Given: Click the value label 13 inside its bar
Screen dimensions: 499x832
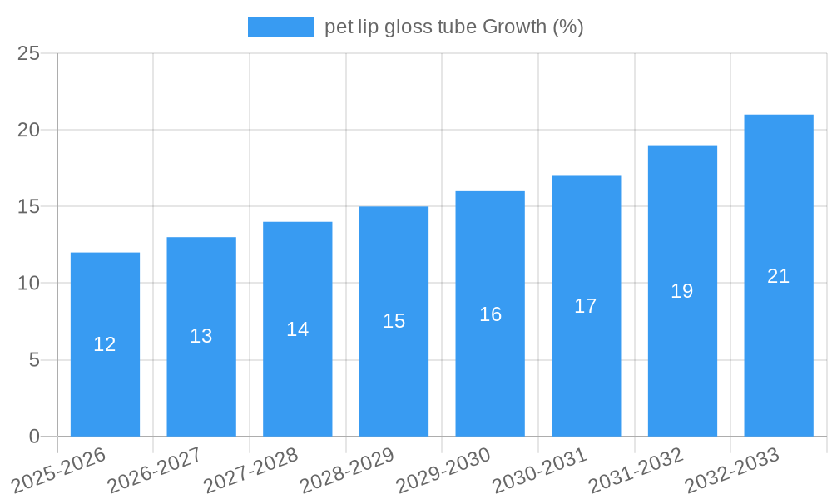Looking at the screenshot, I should (201, 336).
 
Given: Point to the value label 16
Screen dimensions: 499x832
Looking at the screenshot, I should (490, 314).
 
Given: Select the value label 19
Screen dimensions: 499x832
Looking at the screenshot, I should (682, 291).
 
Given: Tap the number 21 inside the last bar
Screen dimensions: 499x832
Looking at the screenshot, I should (778, 276).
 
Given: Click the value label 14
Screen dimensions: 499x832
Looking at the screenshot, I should (298, 329).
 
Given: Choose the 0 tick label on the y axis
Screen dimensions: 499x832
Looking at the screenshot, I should (34, 437).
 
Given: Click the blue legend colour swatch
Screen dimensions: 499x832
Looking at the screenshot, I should (280, 27).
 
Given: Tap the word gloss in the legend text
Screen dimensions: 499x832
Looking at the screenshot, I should (404, 27).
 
